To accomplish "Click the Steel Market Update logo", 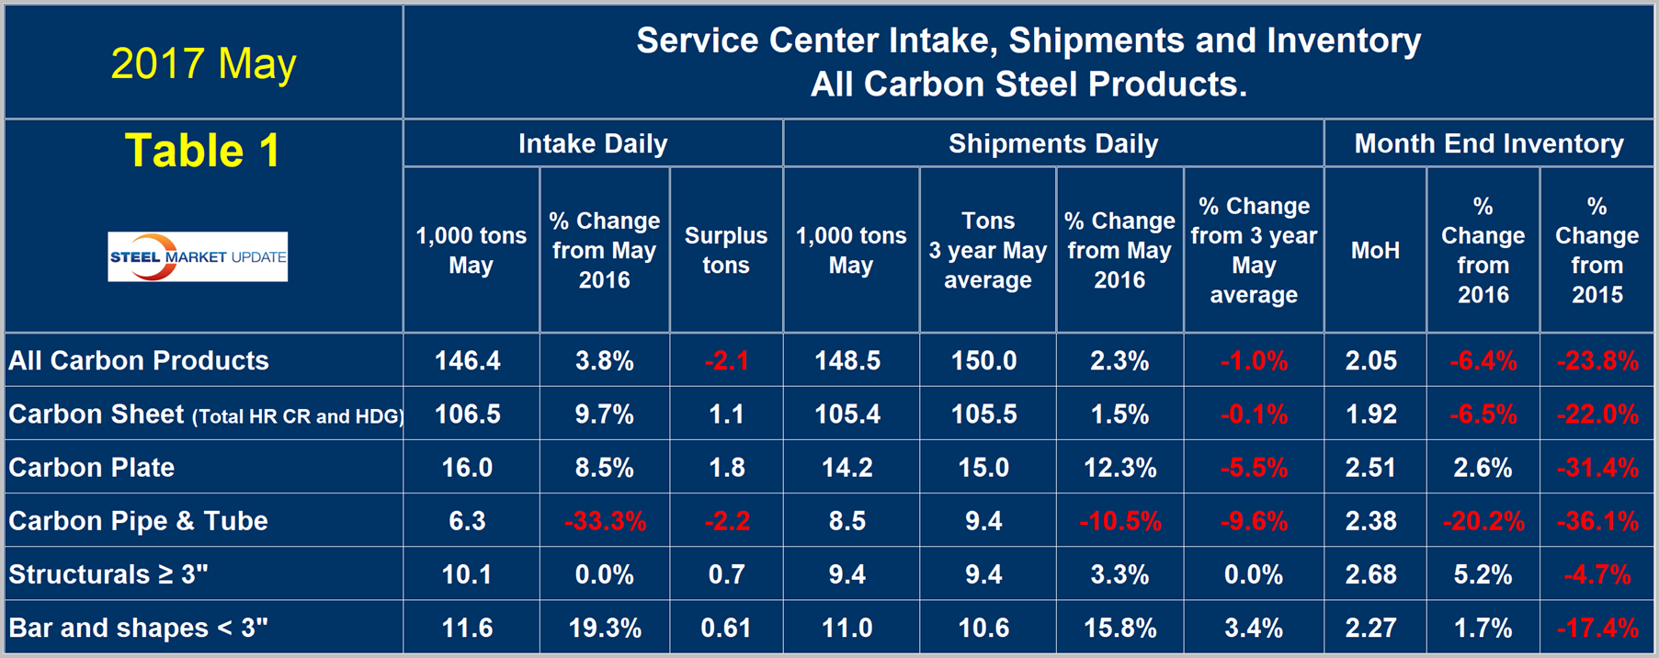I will pos(198,256).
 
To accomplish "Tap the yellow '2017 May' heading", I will pos(203,63).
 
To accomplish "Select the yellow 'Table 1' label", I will pos(202,151).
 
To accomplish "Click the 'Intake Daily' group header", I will pos(593,143).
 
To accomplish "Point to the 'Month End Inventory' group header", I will pos(1489,143).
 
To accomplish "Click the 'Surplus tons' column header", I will pos(726,250).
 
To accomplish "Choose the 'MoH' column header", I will pos(1375,250).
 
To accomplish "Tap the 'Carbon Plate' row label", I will pos(92,468).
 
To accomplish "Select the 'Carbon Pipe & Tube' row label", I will pos(138,521).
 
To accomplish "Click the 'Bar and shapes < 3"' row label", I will pos(138,628).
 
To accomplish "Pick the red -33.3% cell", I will pos(605,521).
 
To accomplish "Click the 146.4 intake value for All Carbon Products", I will pos(468,360).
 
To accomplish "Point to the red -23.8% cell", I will pos(1597,360).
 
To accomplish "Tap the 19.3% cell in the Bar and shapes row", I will pos(605,628).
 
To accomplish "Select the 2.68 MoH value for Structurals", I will pos(1371,574).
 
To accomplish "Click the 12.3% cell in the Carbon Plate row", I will pos(1119,468).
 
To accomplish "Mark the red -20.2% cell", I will pos(1483,521).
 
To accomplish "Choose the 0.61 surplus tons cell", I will pos(726,628).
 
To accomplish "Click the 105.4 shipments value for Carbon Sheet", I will pos(847,414).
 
